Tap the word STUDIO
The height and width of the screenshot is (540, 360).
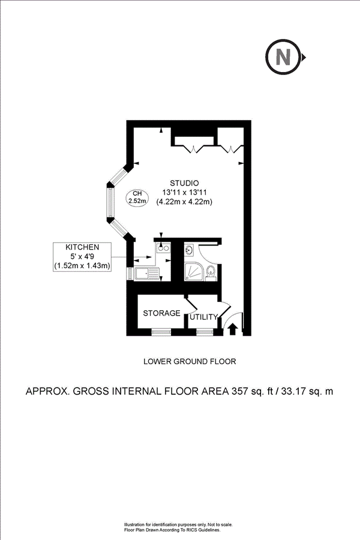tap(184, 182)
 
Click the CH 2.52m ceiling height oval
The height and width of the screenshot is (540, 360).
tap(137, 197)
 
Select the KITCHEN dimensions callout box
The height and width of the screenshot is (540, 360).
tap(83, 256)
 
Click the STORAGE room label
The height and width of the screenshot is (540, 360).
tap(161, 313)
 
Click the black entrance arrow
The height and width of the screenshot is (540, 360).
tap(233, 329)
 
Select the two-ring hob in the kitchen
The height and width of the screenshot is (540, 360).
tap(163, 248)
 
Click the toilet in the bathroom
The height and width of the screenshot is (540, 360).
tap(209, 274)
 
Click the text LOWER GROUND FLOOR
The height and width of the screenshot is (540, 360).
tap(190, 361)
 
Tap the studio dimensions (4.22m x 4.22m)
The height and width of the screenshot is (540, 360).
tap(184, 202)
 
